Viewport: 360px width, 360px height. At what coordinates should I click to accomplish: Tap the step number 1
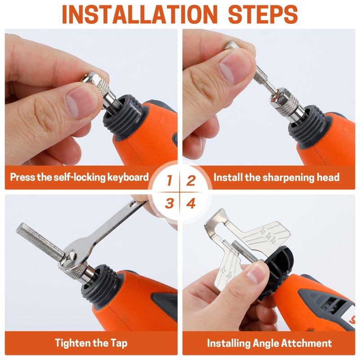[169, 181]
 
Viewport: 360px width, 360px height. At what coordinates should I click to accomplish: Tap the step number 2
[191, 181]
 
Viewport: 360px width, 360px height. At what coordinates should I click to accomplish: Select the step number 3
[169, 203]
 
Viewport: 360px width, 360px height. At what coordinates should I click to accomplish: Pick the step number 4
[191, 203]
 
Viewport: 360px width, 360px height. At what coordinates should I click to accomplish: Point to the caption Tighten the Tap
[91, 343]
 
